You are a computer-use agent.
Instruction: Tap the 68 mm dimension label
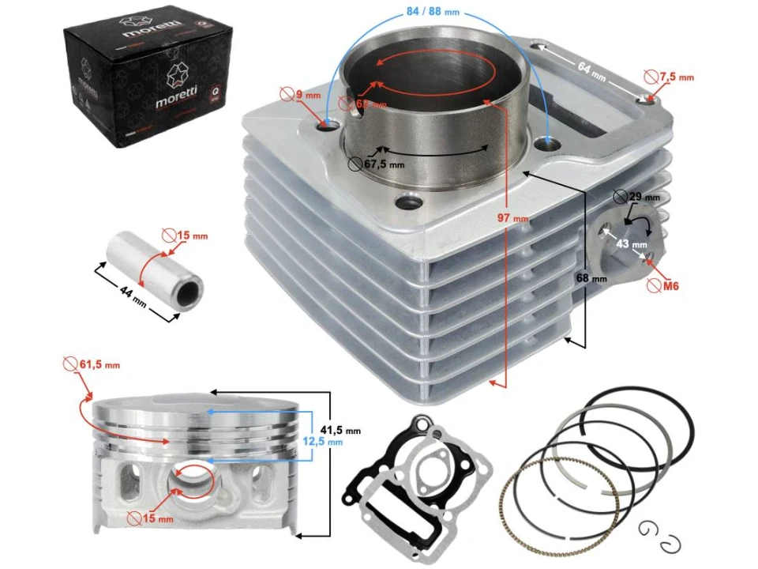point(591,278)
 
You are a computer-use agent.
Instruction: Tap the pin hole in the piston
point(193,480)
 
